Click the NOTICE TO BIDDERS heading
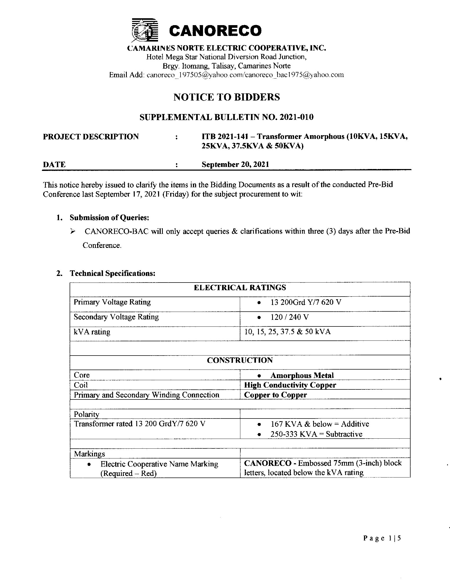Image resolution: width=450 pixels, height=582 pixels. pos(227,97)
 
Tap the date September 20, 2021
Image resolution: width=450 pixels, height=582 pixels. pos(235,165)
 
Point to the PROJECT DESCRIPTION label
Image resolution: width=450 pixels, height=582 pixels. pos(91,137)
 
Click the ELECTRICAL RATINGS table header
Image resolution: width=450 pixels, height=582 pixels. pos(240,288)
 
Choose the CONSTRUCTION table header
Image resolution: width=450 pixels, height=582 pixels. pos(240,360)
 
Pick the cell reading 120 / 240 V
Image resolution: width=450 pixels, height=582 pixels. pos(290,317)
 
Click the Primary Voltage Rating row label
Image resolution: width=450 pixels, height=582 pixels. pos(112,302)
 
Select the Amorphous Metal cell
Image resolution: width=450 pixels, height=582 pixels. pos(302,375)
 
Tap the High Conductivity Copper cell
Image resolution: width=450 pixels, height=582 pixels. pos(290,385)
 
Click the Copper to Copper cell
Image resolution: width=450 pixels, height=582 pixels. pos(275,395)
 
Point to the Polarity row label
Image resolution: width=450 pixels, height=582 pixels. pos(86,414)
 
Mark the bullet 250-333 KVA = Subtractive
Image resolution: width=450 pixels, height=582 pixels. pos(316,434)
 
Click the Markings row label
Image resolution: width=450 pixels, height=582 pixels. pos(89,454)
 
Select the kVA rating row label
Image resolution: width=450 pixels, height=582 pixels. pos(92,332)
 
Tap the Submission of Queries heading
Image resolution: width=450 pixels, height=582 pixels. pos(109,218)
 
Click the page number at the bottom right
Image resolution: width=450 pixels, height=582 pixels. pos(382,538)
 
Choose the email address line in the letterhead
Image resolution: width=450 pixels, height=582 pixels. pos(226,75)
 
